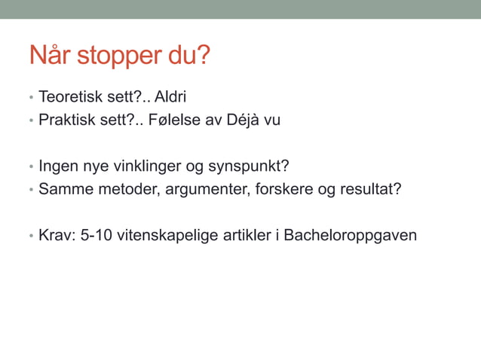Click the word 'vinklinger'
(142, 166)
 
